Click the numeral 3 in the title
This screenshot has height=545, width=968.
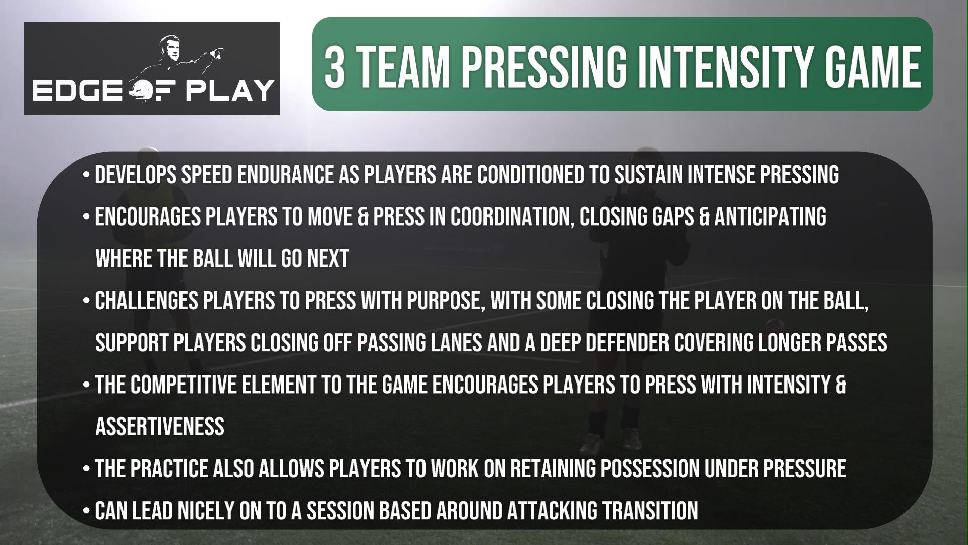[334, 66]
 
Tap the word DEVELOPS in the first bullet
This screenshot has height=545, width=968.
[136, 175]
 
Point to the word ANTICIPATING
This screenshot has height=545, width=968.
[770, 217]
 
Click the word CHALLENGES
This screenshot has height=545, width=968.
[146, 301]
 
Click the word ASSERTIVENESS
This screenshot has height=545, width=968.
[160, 427]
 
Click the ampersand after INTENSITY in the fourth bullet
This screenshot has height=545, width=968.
[840, 386]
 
